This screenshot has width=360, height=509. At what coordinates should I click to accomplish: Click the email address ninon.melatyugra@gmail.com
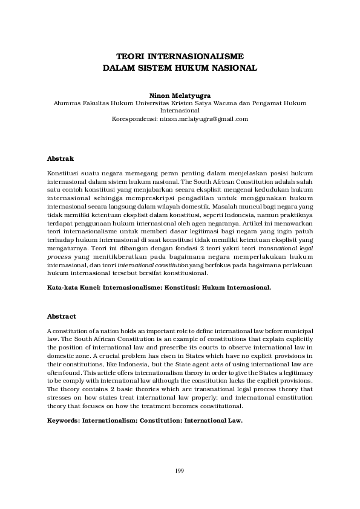point(205,119)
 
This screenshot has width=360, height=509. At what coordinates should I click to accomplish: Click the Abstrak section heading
point(60,158)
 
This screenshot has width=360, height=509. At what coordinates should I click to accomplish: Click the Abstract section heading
point(61,316)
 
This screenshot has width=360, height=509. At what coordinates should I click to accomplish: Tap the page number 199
point(180,471)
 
